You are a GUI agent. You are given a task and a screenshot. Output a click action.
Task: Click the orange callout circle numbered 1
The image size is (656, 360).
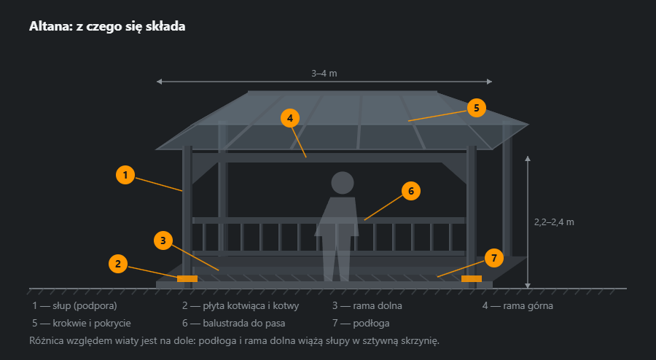[x=125, y=175]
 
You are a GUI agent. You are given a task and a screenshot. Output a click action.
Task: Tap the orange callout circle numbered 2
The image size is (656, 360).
[x=117, y=264]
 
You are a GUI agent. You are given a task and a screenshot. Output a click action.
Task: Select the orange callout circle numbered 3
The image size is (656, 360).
[x=163, y=240]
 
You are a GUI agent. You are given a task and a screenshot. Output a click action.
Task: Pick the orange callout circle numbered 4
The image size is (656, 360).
[x=290, y=118]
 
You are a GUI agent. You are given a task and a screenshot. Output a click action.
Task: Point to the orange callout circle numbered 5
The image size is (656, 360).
[x=477, y=108]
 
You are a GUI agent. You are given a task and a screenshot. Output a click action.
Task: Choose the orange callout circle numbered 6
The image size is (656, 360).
[x=411, y=191]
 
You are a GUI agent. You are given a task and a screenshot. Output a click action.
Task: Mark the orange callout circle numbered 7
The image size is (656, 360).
[x=494, y=258]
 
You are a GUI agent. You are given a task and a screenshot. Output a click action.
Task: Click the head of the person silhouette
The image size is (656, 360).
[x=343, y=183]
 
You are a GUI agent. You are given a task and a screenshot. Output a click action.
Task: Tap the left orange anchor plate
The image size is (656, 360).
[x=187, y=279]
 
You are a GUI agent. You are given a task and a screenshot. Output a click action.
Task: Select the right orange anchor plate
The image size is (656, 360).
[x=472, y=279]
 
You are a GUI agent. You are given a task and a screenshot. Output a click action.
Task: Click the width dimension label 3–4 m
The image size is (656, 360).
[x=324, y=73]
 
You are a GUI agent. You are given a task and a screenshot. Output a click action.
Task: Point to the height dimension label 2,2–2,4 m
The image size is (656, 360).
[x=554, y=222]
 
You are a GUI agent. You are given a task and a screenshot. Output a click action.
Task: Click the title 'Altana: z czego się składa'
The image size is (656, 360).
[x=107, y=26]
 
